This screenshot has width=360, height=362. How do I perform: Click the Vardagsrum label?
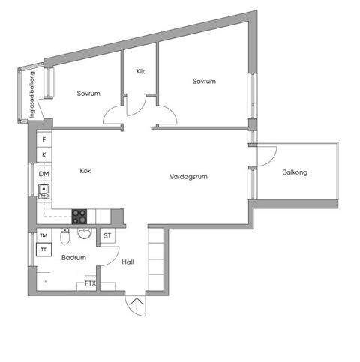(x=187, y=177)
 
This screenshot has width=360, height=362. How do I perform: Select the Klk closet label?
(x=140, y=72)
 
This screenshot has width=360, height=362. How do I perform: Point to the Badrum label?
(x=73, y=257)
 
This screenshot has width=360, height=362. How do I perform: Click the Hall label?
(x=127, y=262)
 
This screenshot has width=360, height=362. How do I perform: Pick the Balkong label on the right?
(x=295, y=173)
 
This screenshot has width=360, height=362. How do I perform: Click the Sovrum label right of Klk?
(x=204, y=81)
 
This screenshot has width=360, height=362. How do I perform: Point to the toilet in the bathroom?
(x=65, y=236)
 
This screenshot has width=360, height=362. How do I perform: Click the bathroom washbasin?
(x=85, y=235)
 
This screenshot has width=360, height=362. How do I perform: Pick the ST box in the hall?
(x=108, y=236)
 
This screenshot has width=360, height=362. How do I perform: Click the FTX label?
(x=90, y=284)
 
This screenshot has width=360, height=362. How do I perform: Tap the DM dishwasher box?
(x=44, y=173)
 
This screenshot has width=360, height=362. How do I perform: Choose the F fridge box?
(x=44, y=140)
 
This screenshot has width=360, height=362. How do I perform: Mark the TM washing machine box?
(x=43, y=235)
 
